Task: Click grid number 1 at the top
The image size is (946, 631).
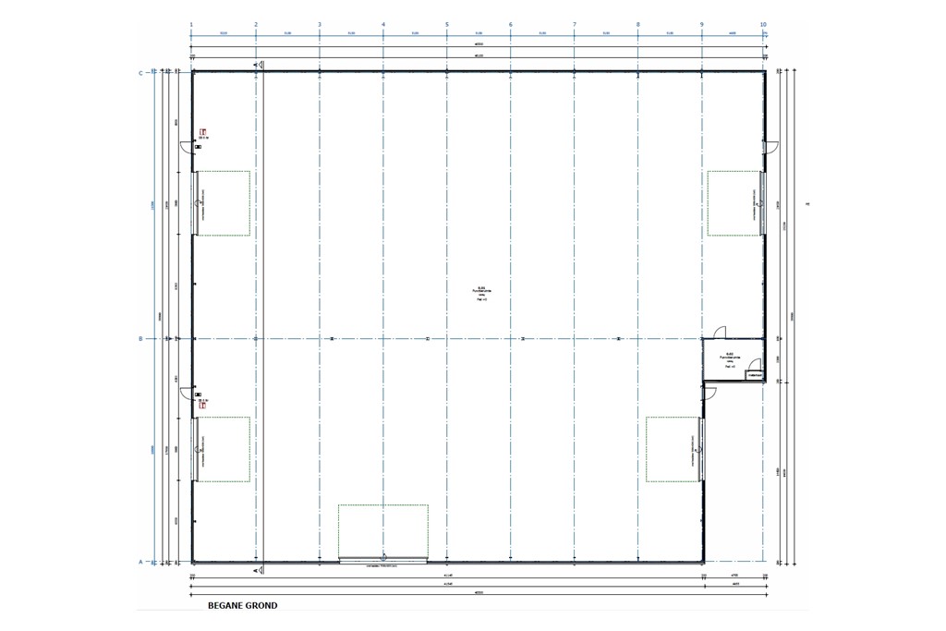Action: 191,24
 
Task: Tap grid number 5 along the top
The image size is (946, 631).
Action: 447,24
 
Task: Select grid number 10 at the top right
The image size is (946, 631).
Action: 763,24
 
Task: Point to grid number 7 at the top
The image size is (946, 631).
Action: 575,24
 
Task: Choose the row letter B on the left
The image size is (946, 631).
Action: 140,339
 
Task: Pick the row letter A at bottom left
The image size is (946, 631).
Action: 140,562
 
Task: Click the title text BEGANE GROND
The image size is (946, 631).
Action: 242,606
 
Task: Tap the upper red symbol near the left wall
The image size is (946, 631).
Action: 202,132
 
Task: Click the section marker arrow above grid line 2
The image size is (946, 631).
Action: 261,65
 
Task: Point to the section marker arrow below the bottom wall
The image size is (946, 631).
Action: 383,557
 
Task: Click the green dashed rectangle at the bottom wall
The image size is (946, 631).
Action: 383,531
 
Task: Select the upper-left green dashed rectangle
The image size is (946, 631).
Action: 223,203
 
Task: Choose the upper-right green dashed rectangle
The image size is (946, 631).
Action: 734,203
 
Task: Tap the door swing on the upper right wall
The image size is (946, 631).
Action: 770,147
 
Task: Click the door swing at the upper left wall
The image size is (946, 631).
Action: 186,147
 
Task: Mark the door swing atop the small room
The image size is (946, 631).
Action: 722,332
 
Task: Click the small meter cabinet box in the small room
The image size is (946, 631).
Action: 754,375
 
